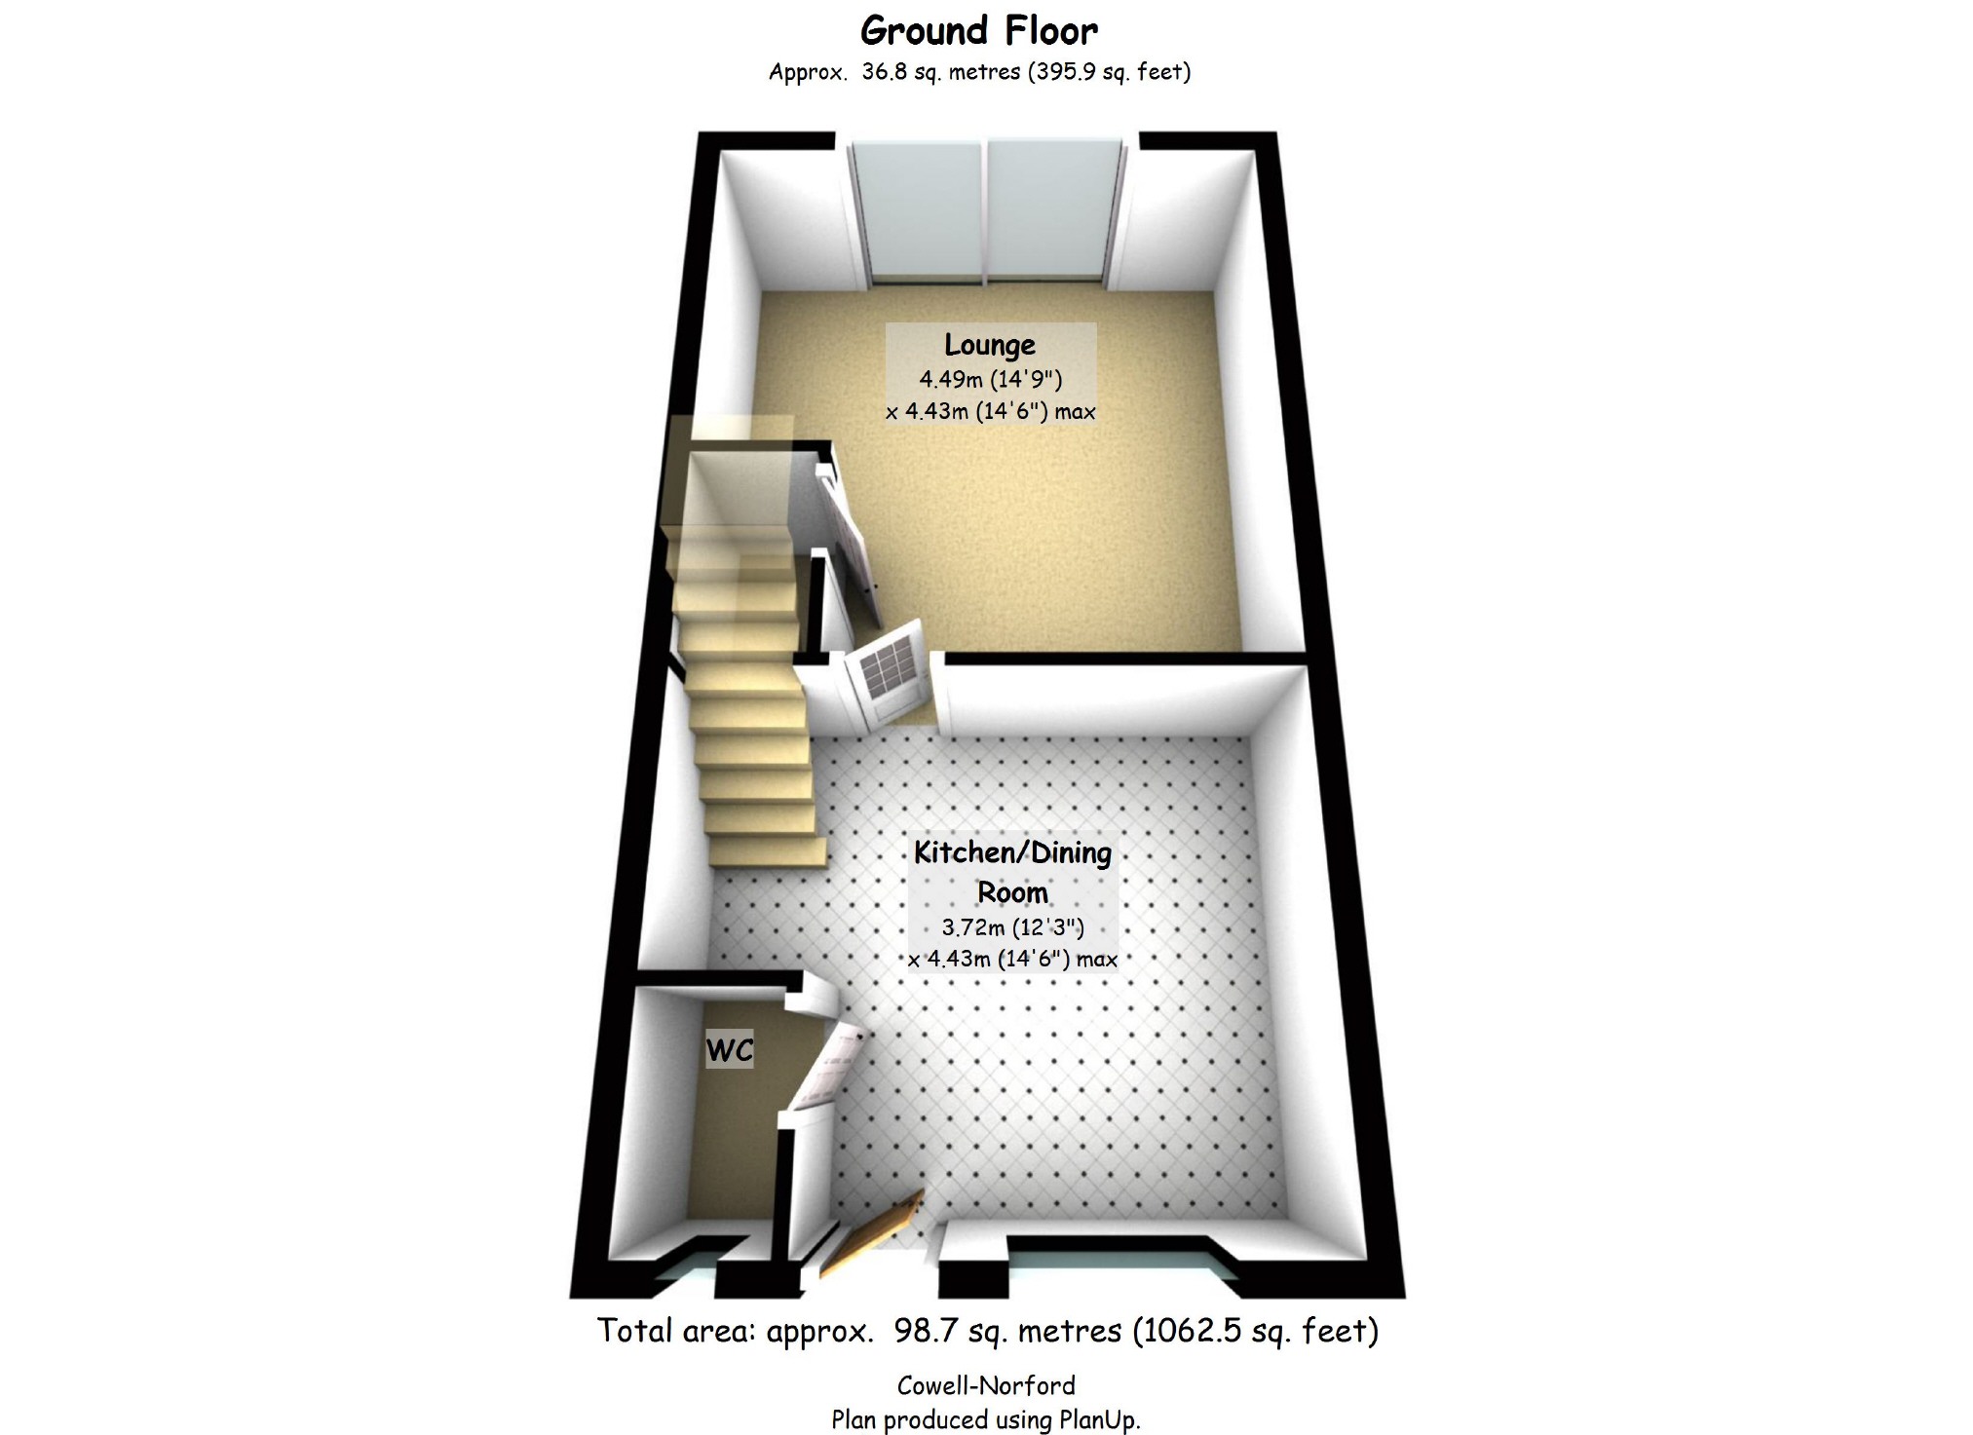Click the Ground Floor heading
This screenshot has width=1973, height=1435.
[978, 31]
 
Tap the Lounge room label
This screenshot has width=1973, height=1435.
[989, 345]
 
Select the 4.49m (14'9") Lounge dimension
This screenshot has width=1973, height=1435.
[990, 379]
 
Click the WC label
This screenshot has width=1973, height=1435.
[730, 1050]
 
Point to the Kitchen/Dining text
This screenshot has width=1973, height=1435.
[1012, 852]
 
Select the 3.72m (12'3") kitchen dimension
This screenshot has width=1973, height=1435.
[1012, 927]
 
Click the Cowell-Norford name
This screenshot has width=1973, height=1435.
[986, 1385]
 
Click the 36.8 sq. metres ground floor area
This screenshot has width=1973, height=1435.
[940, 71]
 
